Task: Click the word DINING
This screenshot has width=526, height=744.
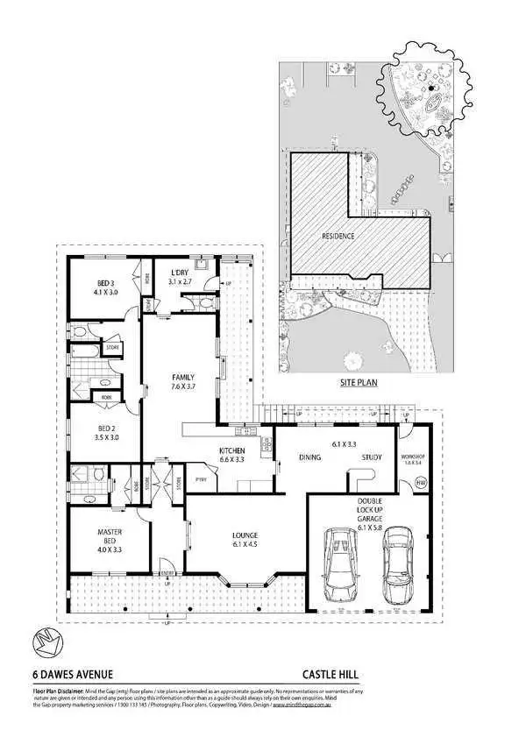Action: point(309,456)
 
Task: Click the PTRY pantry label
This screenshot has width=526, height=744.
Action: point(200,478)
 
